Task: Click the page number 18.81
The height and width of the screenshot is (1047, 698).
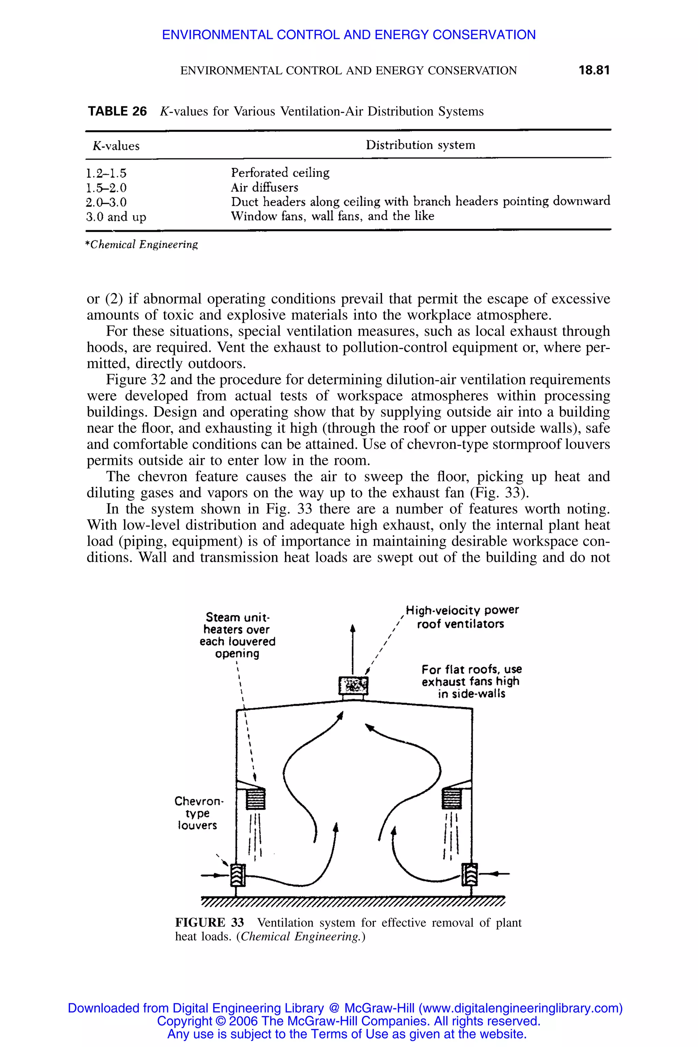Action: coord(593,70)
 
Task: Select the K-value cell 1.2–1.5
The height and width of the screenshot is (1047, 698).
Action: coord(106,173)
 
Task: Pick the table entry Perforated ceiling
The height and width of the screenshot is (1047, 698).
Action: coord(280,173)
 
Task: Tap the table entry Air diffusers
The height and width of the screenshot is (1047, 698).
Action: coord(264,187)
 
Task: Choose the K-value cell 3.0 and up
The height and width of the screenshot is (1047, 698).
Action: coord(116,217)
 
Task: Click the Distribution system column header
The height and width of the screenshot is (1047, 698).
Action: coord(420,145)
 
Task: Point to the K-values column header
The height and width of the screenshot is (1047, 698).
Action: coord(116,146)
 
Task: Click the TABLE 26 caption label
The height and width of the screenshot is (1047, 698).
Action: coord(117,111)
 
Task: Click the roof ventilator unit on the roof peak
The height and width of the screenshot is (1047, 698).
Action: coord(353,685)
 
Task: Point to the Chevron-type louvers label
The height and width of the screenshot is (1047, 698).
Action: coord(198,813)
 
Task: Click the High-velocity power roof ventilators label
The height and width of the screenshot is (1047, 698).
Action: coord(461,617)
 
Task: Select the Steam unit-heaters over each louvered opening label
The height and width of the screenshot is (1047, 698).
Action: coord(237,635)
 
